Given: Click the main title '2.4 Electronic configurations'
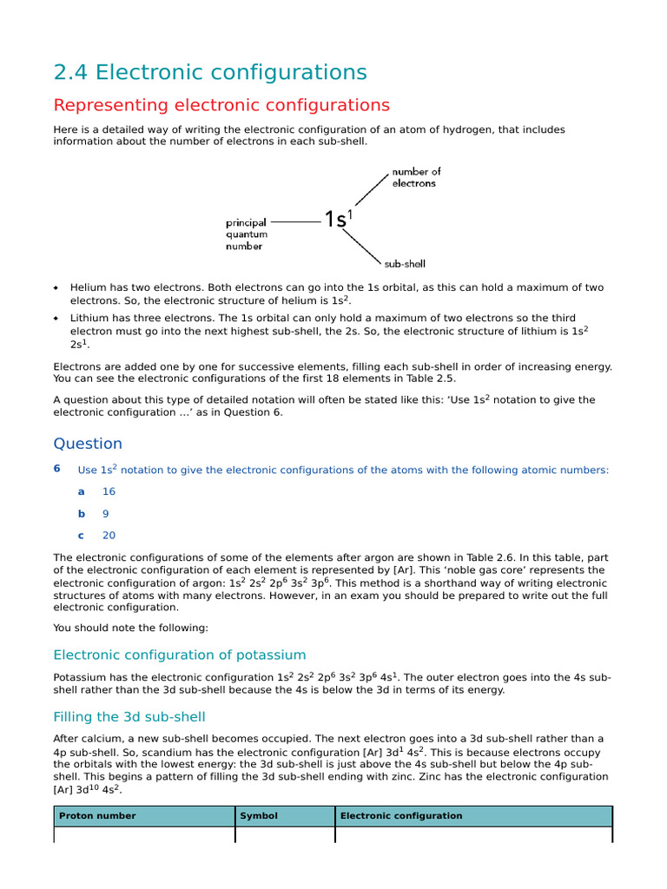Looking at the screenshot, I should click(x=210, y=72).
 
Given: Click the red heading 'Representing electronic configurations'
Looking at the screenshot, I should click(x=221, y=105).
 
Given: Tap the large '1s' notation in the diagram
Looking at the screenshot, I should click(x=337, y=221).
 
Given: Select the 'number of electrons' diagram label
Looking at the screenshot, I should click(x=416, y=177).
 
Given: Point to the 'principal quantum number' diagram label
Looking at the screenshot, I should click(x=247, y=234).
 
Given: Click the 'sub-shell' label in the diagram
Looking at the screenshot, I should click(x=405, y=264).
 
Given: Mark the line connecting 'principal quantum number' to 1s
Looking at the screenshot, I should click(x=295, y=222).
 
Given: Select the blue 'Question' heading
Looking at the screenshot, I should click(x=88, y=444).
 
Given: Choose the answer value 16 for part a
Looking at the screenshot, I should click(x=109, y=491).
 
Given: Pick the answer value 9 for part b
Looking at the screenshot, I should click(x=106, y=513).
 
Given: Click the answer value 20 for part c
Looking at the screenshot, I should click(x=109, y=536).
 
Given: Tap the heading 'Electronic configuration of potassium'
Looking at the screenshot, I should click(x=180, y=655).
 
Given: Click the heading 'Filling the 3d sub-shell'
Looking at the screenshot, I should click(x=129, y=716).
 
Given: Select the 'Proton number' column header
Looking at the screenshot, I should click(x=97, y=816).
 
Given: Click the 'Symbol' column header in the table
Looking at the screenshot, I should click(x=259, y=816).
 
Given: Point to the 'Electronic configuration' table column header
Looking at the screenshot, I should click(x=401, y=816).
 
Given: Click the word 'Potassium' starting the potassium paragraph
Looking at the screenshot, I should click(x=78, y=677).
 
